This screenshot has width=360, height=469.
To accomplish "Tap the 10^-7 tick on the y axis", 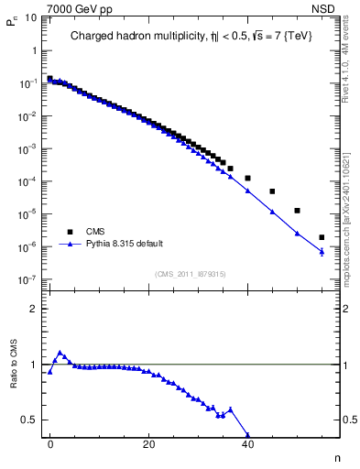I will point(27,279).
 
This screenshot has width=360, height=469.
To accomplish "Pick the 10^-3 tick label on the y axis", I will point(27,148).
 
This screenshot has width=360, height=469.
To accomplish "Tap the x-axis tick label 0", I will point(50,446).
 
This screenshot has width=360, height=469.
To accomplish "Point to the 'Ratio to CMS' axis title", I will point(14,378).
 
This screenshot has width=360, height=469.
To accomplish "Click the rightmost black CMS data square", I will point(322,237).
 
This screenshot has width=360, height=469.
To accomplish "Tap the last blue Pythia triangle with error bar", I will point(322,251).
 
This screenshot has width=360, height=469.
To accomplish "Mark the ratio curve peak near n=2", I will point(60,353).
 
